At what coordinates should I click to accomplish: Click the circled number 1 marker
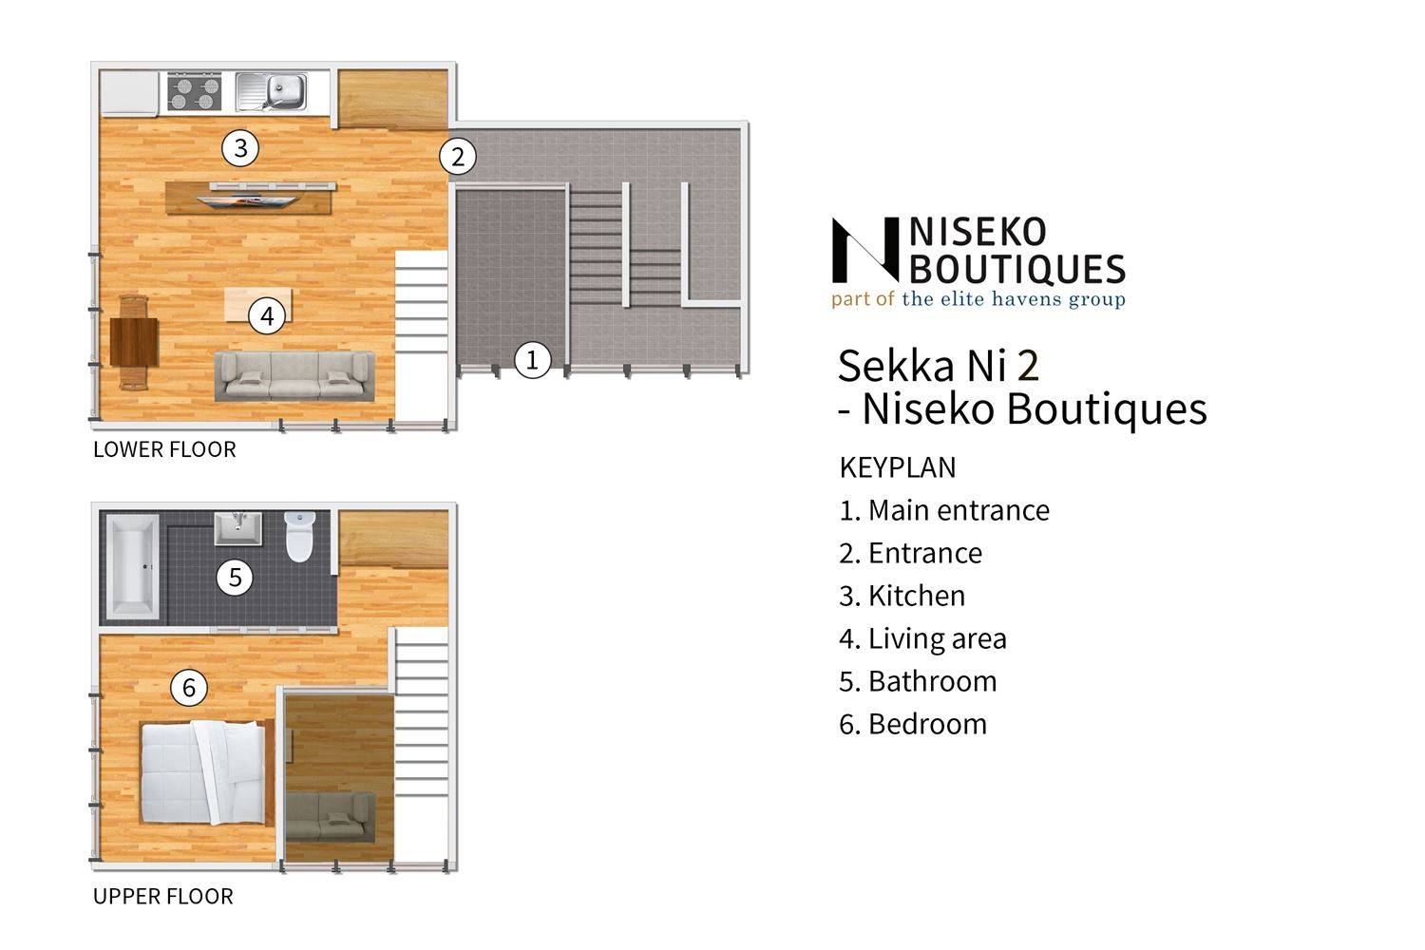click(532, 360)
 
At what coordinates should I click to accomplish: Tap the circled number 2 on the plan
click(457, 157)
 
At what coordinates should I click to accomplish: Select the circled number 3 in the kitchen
click(240, 148)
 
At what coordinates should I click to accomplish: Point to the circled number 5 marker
click(236, 578)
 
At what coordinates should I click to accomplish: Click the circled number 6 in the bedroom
click(189, 687)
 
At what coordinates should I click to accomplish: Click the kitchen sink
click(272, 91)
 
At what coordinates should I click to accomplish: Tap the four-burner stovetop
click(194, 91)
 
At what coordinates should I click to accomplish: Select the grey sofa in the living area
click(294, 376)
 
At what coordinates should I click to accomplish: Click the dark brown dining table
click(134, 342)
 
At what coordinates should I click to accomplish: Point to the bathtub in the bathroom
click(132, 567)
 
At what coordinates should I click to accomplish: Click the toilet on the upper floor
click(299, 537)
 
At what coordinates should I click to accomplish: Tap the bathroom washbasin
click(237, 528)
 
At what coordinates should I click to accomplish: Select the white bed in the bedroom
click(203, 771)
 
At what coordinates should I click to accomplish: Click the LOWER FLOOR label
click(164, 450)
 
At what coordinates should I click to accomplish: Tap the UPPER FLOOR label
click(163, 897)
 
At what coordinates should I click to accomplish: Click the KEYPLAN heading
click(898, 467)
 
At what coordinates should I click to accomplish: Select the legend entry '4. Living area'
click(923, 638)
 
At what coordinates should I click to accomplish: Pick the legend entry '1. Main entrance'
click(944, 510)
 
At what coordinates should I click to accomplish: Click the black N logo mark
click(865, 250)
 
